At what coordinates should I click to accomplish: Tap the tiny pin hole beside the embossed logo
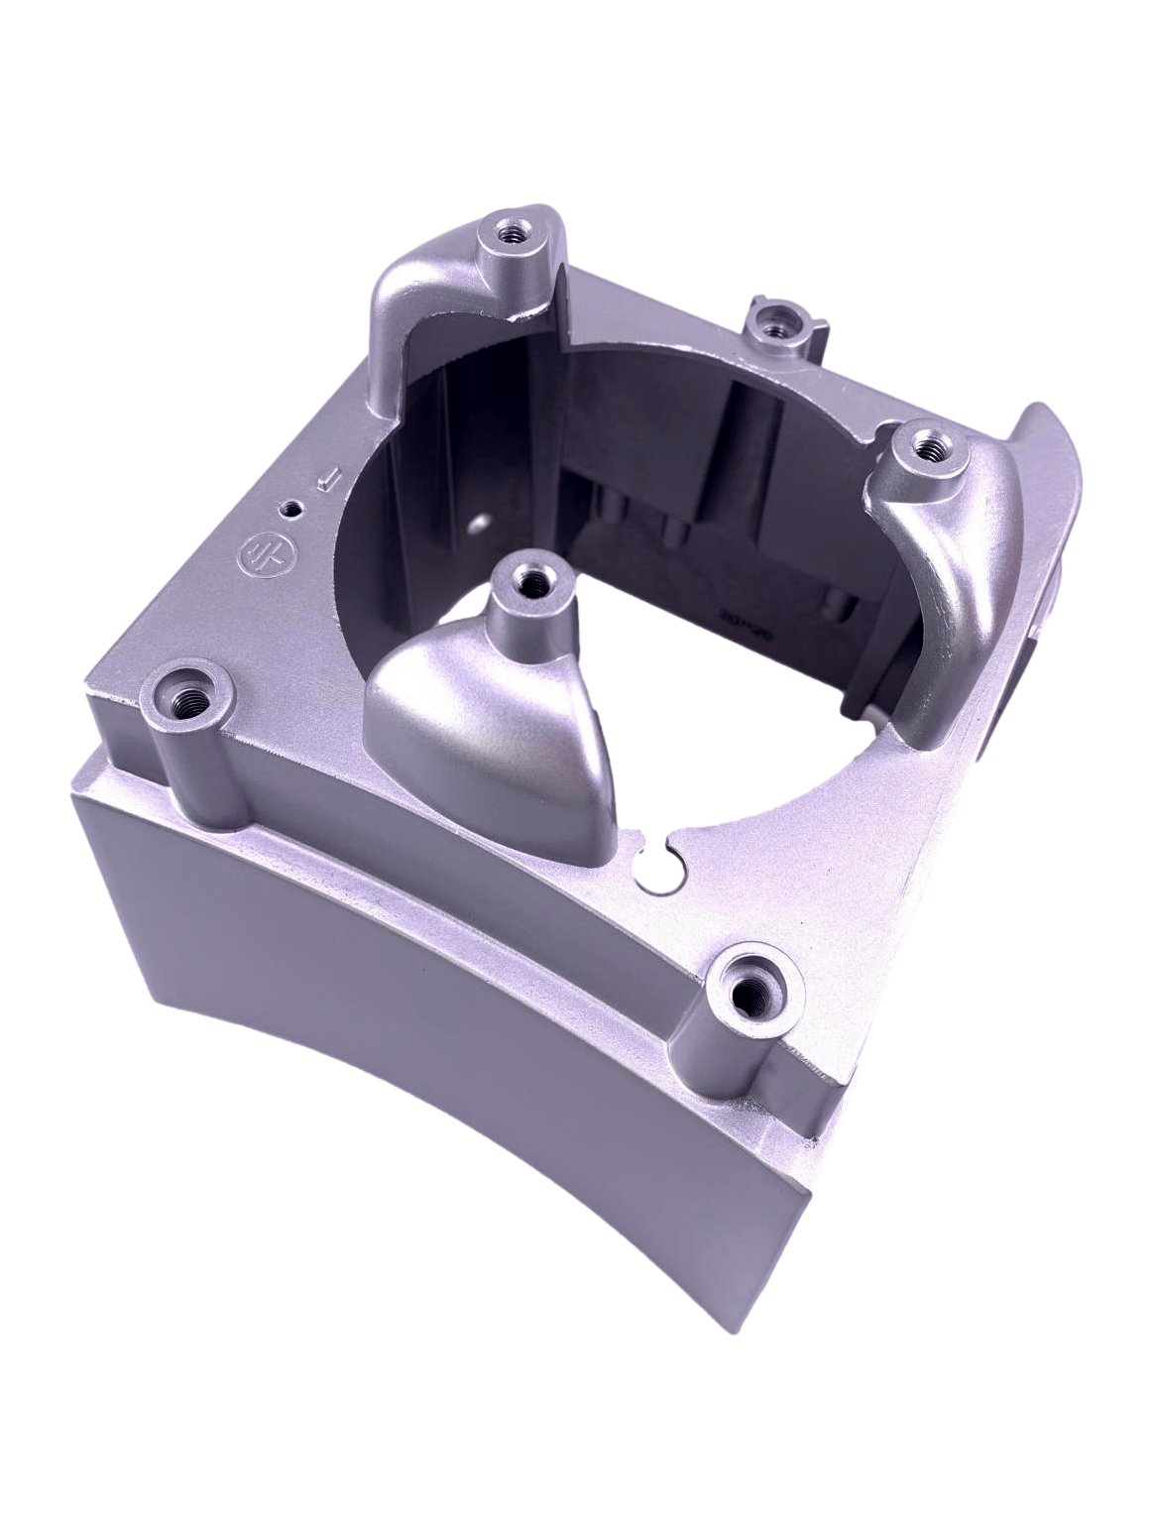(290, 509)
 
